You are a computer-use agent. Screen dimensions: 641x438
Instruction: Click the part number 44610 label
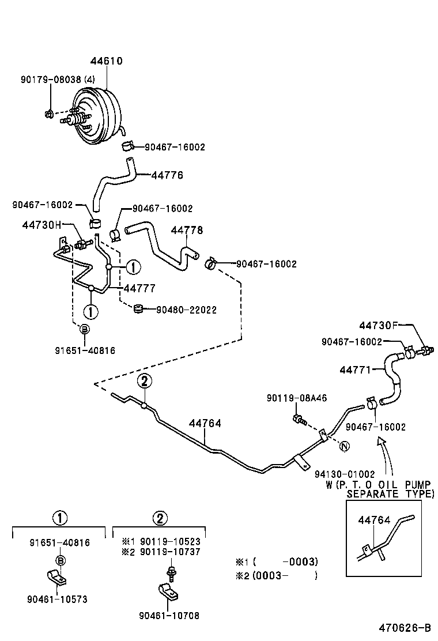tap(107, 61)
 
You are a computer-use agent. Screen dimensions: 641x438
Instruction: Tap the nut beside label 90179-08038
tap(50, 113)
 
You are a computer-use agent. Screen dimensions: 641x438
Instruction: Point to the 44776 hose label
tap(167, 175)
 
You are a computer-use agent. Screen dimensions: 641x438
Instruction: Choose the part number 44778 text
tap(187, 229)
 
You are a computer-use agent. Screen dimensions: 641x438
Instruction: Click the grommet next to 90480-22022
tap(138, 310)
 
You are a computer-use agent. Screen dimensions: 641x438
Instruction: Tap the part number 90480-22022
tap(186, 310)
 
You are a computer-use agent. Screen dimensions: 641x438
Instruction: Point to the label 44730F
tap(379, 325)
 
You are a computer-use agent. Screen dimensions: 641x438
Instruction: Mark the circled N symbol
tap(344, 446)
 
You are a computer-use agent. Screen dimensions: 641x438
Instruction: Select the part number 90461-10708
tap(169, 616)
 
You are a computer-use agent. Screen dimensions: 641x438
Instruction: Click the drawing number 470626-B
tap(405, 628)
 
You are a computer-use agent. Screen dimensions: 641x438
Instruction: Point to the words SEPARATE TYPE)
tap(390, 494)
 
